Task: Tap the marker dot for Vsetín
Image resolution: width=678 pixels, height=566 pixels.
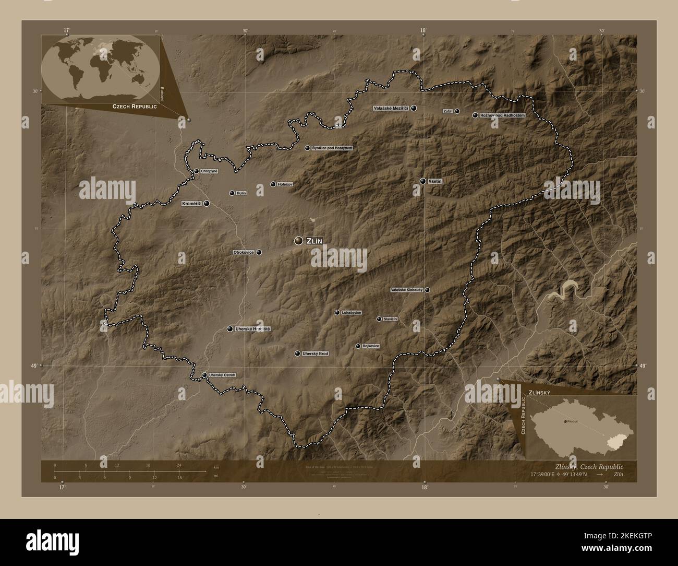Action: point(422,181)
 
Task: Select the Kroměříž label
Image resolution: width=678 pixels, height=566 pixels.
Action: point(192,204)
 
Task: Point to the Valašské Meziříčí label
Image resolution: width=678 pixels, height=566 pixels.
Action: point(391,108)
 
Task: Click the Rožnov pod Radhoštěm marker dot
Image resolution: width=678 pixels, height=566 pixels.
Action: point(475,115)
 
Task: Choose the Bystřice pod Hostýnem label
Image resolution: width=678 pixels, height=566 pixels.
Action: point(332,148)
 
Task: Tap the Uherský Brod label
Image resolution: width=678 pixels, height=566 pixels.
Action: point(316,353)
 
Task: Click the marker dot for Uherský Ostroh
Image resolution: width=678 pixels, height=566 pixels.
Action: point(204,375)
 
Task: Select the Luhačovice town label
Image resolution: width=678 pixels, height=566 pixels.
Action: point(352,313)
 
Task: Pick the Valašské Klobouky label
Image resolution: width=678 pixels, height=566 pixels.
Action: point(407,290)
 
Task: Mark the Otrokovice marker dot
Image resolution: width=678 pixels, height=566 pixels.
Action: point(259,252)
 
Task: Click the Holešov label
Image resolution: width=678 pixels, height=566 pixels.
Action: point(286,184)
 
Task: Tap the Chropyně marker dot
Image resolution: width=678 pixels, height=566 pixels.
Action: point(196,171)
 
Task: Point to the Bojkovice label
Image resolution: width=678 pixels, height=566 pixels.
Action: point(371,346)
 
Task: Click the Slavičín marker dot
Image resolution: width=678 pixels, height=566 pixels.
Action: point(379,319)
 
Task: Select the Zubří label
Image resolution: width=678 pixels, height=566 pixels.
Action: point(447,111)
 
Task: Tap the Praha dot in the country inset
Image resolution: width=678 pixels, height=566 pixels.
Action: point(566,421)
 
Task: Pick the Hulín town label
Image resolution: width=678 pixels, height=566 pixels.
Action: point(241,193)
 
